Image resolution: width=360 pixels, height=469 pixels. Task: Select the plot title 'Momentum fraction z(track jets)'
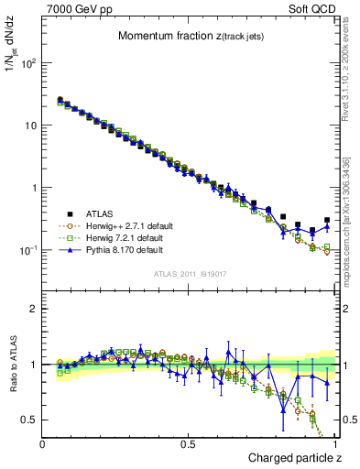click(191, 37)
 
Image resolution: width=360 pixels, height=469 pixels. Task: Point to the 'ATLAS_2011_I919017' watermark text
click(191, 273)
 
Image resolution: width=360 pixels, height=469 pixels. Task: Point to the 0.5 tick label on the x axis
click(188, 444)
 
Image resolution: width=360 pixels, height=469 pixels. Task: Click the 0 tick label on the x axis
click(43, 444)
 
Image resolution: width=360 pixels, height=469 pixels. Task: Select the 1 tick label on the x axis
click(334, 444)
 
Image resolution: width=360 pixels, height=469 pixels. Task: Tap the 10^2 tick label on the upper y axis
click(28, 63)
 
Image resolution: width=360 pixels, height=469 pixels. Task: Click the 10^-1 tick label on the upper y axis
click(28, 250)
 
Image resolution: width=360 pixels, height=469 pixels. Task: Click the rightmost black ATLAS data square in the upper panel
click(327, 220)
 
